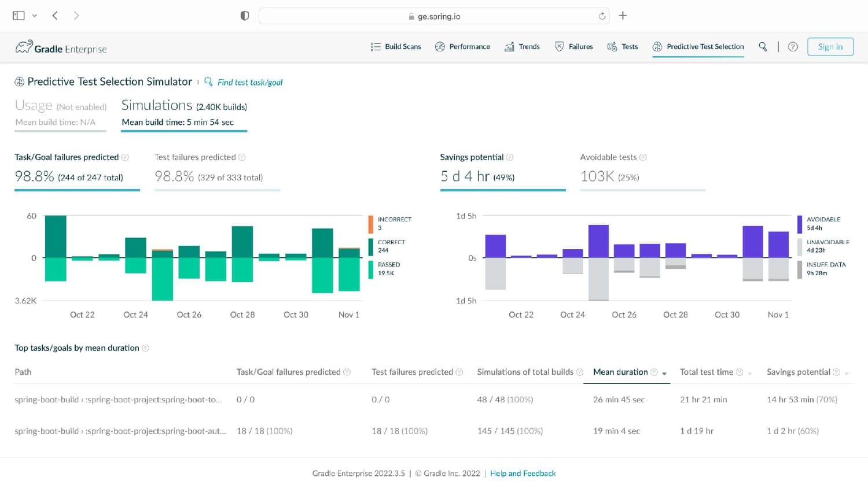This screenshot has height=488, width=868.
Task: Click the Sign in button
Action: pos(830,47)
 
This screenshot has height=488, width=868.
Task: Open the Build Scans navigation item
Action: pos(396,47)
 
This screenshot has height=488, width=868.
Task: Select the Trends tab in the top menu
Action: pos(522,47)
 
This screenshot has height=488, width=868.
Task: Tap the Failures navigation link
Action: pos(574,47)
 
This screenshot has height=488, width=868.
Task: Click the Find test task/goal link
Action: pos(249,82)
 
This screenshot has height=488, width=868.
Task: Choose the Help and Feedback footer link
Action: pos(523,474)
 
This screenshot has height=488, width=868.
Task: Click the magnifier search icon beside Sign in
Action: pos(763,47)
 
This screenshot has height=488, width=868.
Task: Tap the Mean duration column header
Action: pos(620,372)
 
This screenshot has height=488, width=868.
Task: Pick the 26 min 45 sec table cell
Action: pos(619,400)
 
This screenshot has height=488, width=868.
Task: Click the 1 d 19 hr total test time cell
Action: pos(697,431)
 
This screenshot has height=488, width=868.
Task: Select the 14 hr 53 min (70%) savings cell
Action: pos(802,400)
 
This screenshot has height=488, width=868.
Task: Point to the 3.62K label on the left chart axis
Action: pos(25,301)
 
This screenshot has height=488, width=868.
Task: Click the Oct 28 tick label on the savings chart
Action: pos(675,315)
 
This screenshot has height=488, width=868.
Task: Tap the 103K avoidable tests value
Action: pos(597,176)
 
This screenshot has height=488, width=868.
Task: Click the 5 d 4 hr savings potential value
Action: pos(465,176)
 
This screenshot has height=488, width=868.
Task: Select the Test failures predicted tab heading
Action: pos(195,157)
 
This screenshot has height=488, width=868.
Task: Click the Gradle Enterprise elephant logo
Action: pos(24,47)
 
